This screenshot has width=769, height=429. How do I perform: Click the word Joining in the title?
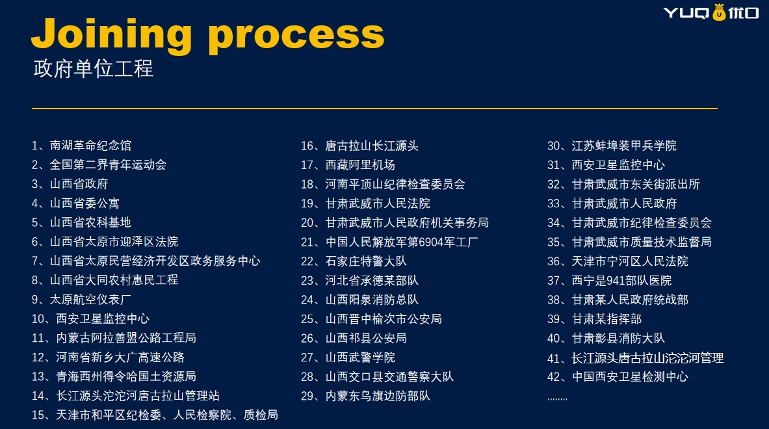click(112, 34)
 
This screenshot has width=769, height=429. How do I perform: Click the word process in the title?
click(296, 37)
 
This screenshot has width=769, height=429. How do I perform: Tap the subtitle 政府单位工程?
click(93, 68)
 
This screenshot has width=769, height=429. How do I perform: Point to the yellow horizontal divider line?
click(374, 109)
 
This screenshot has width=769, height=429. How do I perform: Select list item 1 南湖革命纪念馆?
click(81, 146)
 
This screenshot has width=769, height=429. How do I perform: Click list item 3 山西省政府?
click(70, 184)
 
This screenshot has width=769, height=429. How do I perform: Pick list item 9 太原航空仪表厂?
click(81, 300)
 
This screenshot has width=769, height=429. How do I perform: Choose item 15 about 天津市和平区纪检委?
click(155, 415)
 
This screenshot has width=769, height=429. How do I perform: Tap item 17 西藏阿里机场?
click(348, 165)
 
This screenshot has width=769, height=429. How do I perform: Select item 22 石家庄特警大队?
click(354, 261)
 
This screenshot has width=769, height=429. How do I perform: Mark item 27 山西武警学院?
click(348, 357)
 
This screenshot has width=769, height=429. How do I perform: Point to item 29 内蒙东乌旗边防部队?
click(366, 396)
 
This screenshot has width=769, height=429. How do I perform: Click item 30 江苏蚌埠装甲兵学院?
click(612, 146)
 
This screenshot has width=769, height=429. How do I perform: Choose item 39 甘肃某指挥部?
click(594, 319)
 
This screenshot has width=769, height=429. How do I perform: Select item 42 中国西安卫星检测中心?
click(618, 377)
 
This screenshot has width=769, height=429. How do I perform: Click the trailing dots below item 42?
click(557, 399)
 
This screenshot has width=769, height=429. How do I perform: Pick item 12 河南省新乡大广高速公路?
click(108, 357)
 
